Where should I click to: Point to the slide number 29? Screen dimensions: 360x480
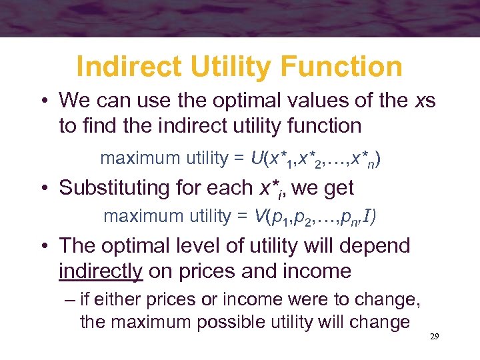click(x=434, y=337)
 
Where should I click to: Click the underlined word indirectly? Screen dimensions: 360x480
click(x=101, y=271)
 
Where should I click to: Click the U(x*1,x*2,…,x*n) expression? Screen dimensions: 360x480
click(x=316, y=159)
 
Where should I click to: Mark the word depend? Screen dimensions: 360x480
click(x=376, y=246)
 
